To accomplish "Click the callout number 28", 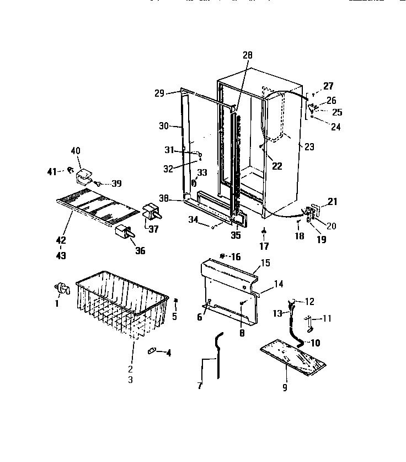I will coord(247,55).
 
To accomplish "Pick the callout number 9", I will coord(285,388).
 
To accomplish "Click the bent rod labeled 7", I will coord(219,354).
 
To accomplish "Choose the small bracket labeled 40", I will coord(84,176).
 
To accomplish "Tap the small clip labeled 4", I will coord(153,351).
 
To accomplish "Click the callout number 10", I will coord(314,343).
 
